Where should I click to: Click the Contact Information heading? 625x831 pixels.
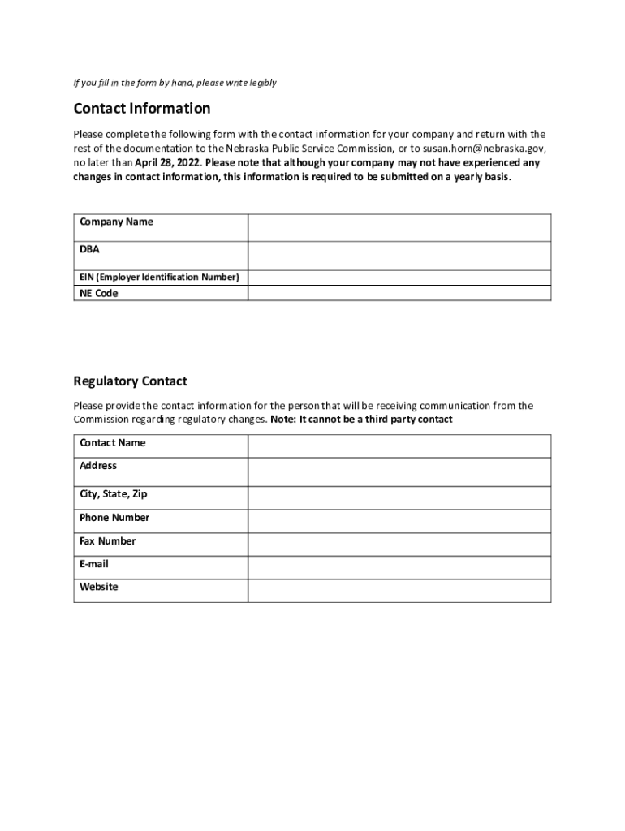[142, 109]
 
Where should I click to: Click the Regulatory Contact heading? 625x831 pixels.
[130, 381]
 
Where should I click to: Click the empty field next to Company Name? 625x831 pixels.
[399, 228]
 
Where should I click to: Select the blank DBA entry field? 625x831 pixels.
[399, 256]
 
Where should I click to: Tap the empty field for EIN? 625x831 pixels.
[399, 278]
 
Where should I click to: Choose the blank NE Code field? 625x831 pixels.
[399, 293]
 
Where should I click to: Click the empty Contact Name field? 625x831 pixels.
[399, 446]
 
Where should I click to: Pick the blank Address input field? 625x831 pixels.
[399, 472]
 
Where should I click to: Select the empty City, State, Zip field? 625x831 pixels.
[399, 497]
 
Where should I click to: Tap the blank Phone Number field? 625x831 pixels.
[399, 521]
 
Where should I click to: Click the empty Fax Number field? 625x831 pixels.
[399, 545]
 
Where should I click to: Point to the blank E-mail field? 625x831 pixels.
[399, 567]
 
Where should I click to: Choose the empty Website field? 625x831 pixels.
[399, 591]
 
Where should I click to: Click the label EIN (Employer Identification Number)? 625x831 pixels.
[159, 278]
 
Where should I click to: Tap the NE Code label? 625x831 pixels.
[98, 294]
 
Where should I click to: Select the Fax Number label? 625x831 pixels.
[107, 541]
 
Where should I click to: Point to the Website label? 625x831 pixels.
[98, 587]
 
